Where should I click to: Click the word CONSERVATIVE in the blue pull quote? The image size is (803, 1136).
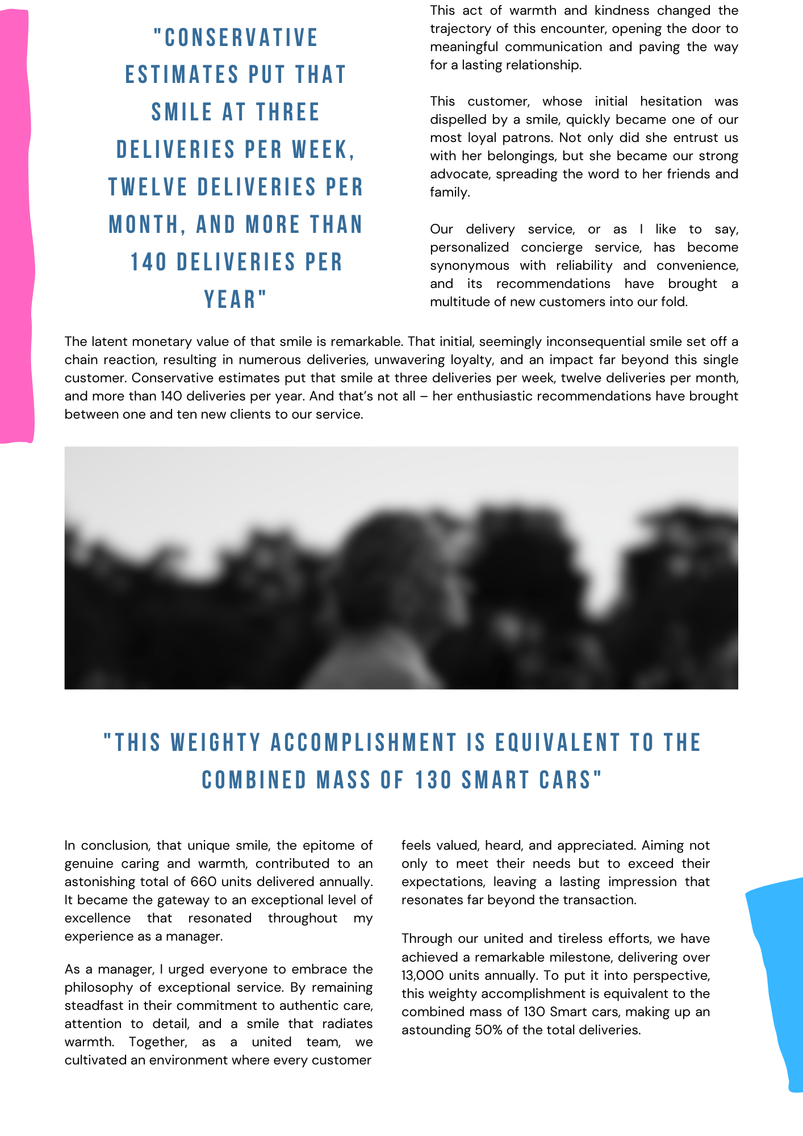tap(236, 38)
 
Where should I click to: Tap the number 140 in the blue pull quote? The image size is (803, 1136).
tap(149, 262)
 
